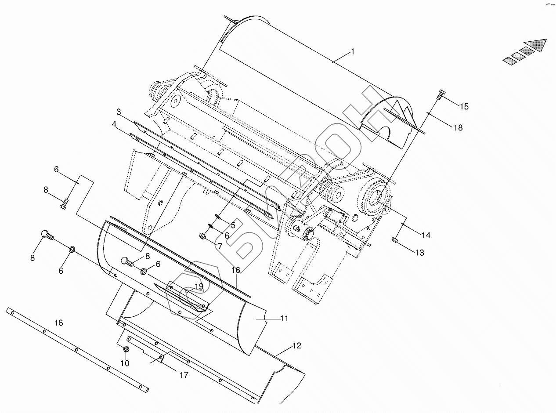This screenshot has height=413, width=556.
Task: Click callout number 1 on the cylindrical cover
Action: [353, 52]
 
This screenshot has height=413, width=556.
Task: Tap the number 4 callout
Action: [114, 124]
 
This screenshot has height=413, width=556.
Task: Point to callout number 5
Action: [233, 225]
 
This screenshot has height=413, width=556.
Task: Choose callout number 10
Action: [125, 363]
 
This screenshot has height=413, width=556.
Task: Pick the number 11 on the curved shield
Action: [284, 318]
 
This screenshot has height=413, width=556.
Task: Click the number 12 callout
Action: [297, 346]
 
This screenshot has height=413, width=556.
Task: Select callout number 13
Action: [419, 253]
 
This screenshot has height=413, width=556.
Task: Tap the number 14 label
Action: [426, 235]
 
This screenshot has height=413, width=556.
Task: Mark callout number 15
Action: [464, 106]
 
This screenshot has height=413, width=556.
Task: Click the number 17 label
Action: [184, 375]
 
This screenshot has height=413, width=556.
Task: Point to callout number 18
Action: [458, 128]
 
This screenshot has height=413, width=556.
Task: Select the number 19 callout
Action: [199, 286]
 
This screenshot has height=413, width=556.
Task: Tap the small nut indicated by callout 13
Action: [394, 240]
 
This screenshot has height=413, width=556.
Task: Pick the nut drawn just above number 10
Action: [126, 349]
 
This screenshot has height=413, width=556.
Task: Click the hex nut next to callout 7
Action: [203, 236]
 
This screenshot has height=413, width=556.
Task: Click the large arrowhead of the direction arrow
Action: [537, 45]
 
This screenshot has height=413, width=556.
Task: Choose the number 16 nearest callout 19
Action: [236, 270]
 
